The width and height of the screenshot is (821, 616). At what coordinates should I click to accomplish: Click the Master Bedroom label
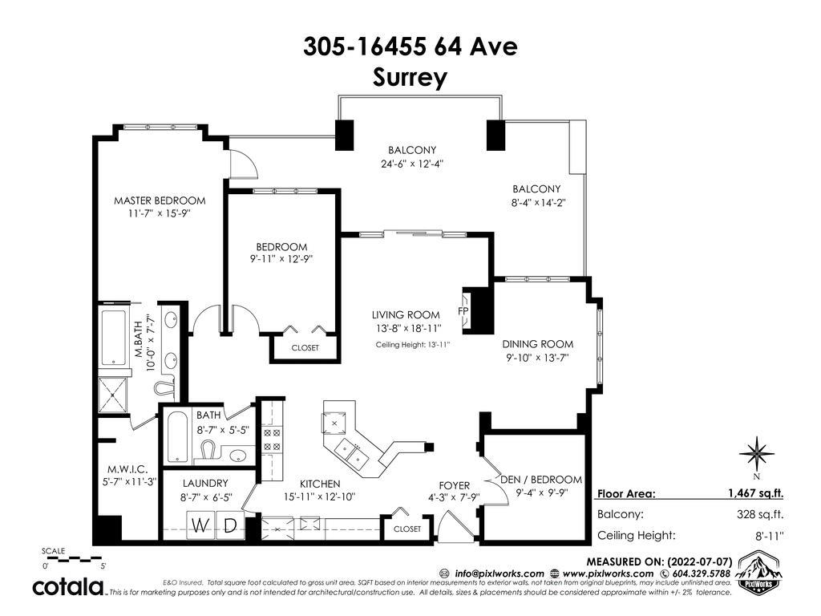point(160,201)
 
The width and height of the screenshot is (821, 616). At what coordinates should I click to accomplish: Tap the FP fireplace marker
point(463,311)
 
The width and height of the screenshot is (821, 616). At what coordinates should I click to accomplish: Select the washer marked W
point(200,525)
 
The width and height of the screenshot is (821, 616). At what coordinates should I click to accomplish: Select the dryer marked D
point(230,525)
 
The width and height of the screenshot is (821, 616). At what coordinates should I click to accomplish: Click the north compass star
point(757,453)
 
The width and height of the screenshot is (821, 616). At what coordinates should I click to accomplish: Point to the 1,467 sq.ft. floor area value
point(755,493)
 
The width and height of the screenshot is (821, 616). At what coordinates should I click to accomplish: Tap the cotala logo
point(68,587)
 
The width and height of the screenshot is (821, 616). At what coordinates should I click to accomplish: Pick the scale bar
point(73,559)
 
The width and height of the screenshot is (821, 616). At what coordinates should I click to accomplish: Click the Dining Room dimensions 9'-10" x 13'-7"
point(537,359)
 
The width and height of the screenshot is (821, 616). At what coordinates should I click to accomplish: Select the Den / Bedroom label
point(541,480)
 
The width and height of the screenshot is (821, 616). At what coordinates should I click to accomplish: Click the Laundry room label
point(205,484)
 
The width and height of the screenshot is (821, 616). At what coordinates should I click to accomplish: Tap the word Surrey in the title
point(410,78)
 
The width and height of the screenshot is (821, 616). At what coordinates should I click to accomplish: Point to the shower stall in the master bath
point(112,394)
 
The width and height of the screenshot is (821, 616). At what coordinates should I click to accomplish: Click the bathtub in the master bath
point(114,338)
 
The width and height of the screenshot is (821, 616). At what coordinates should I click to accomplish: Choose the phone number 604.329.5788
point(701,573)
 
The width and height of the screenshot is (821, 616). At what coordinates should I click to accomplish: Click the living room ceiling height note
point(413,345)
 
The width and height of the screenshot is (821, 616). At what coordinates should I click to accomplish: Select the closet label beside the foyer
point(407,529)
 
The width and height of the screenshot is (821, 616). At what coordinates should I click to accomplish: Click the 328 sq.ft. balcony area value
point(760,514)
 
